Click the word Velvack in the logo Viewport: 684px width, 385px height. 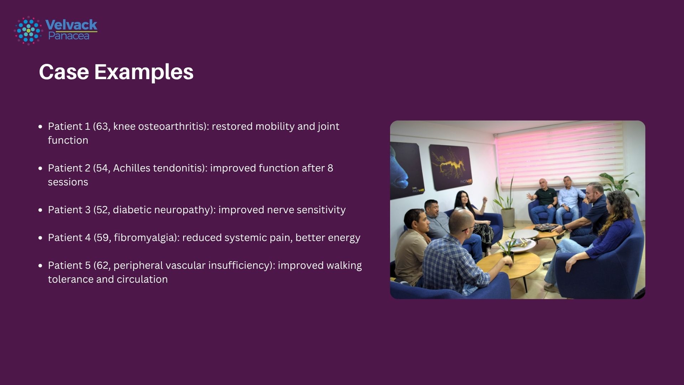[x=71, y=25]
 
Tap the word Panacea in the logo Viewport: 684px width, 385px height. [x=69, y=36]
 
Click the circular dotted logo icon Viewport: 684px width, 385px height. [x=28, y=30]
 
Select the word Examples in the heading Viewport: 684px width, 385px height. [x=144, y=72]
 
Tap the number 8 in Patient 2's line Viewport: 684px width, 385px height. [x=330, y=168]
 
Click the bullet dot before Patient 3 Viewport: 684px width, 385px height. [x=40, y=210]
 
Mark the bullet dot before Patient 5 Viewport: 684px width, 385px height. [x=40, y=266]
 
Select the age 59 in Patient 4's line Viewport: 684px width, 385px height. [x=102, y=238]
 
